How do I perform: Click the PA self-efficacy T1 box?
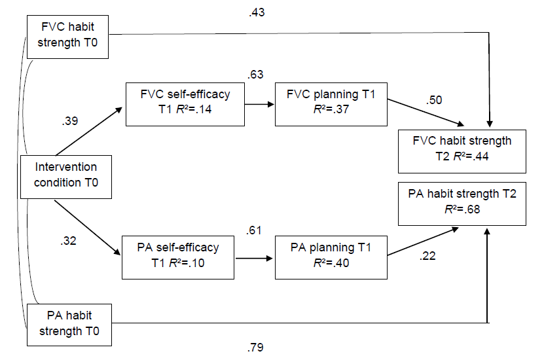tap(178, 254)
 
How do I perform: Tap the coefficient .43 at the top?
tap(257, 11)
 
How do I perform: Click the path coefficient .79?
tap(257, 347)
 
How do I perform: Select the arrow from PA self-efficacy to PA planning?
tap(255, 257)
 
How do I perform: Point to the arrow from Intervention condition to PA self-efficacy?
tap(88, 226)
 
